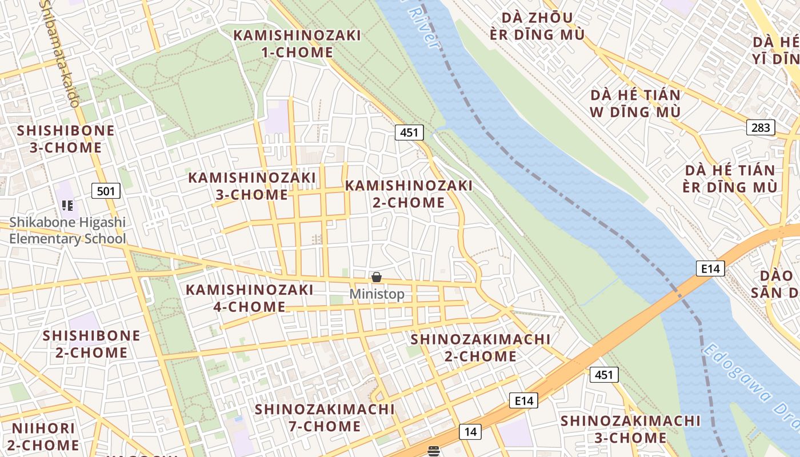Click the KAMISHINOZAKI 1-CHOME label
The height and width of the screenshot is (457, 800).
(x=297, y=43)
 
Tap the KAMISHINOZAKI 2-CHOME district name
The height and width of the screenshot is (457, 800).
(x=409, y=194)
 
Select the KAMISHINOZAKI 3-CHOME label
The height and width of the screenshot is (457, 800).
(x=252, y=186)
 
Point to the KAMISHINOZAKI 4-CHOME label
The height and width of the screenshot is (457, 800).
(x=250, y=298)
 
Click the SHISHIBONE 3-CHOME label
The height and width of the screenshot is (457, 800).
(x=66, y=139)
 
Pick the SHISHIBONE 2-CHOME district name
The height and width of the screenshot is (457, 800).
(x=91, y=344)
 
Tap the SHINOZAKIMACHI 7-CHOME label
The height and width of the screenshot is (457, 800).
(x=325, y=418)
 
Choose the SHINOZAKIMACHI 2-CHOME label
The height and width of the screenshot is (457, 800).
(x=481, y=347)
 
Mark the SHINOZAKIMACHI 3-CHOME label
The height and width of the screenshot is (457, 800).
(x=630, y=430)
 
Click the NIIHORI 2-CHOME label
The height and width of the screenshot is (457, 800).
(x=43, y=436)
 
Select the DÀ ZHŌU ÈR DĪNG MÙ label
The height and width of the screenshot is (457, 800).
(x=537, y=26)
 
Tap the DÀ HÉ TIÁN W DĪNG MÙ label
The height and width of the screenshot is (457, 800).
(x=635, y=103)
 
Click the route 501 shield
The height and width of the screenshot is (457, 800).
(x=106, y=191)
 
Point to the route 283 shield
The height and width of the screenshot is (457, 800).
(x=761, y=127)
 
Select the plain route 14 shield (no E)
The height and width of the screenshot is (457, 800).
(x=470, y=432)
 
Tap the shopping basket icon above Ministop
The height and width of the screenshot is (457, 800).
(x=377, y=278)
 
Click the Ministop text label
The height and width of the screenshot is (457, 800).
(x=377, y=294)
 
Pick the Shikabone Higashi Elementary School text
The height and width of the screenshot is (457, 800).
(x=67, y=230)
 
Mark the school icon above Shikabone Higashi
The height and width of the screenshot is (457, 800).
(x=67, y=205)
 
